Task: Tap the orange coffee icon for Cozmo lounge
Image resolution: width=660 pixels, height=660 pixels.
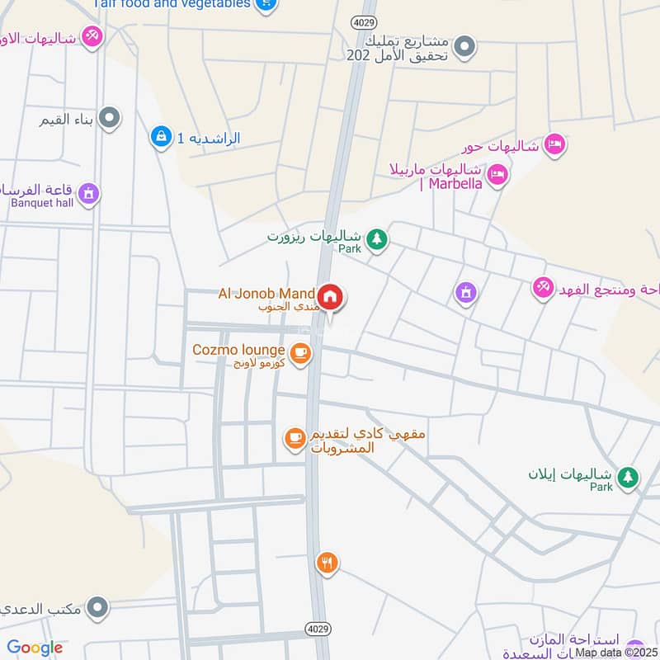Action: [300, 352]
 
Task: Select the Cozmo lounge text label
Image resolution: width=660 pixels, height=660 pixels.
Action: [239, 350]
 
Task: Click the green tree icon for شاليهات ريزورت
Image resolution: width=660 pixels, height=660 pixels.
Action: [377, 239]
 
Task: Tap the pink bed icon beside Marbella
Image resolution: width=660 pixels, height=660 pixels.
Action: [497, 174]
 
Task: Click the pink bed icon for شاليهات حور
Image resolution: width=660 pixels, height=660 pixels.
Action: [554, 144]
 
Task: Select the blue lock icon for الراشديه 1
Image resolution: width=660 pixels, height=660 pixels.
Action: [160, 135]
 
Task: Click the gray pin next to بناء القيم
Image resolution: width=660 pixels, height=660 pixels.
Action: [109, 119]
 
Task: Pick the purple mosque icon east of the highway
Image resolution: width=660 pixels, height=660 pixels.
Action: [466, 291]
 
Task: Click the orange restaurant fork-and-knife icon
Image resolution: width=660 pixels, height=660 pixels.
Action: [328, 563]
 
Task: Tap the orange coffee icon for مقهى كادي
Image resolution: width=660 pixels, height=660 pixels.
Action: [295, 438]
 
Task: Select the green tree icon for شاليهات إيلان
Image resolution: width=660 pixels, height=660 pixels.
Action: [629, 477]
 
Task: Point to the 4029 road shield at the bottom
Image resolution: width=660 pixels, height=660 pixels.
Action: [321, 629]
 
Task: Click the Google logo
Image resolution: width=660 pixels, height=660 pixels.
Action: [35, 648]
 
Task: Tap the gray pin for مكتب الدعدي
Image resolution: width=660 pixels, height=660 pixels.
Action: [97, 608]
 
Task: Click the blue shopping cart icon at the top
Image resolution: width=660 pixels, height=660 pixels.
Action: [266, 4]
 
